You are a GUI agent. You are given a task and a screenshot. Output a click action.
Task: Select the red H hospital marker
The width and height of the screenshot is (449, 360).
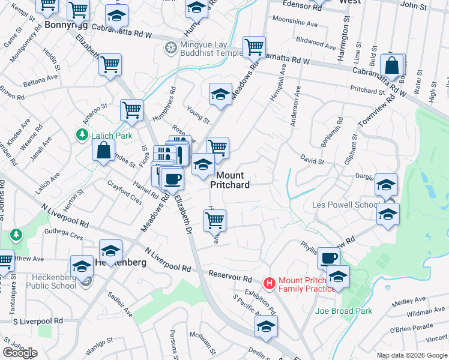270,282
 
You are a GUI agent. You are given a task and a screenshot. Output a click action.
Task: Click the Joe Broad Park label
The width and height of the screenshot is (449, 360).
344,311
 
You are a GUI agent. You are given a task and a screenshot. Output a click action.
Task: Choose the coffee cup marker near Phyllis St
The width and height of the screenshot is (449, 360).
328,259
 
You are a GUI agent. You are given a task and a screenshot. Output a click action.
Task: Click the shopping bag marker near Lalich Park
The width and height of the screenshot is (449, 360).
103,150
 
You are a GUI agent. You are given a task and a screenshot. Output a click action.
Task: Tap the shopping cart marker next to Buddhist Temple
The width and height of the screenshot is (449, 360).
254,47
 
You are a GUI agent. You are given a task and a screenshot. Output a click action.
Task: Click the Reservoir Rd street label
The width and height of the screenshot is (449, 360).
231,278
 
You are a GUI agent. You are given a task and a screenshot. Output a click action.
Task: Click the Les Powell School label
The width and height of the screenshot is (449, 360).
345,205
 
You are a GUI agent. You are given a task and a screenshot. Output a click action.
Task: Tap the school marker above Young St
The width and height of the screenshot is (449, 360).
220,94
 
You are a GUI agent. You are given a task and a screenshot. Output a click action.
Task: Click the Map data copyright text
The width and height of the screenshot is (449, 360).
412,355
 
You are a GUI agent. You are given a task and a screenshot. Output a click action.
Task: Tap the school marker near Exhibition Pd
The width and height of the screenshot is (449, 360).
265,327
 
